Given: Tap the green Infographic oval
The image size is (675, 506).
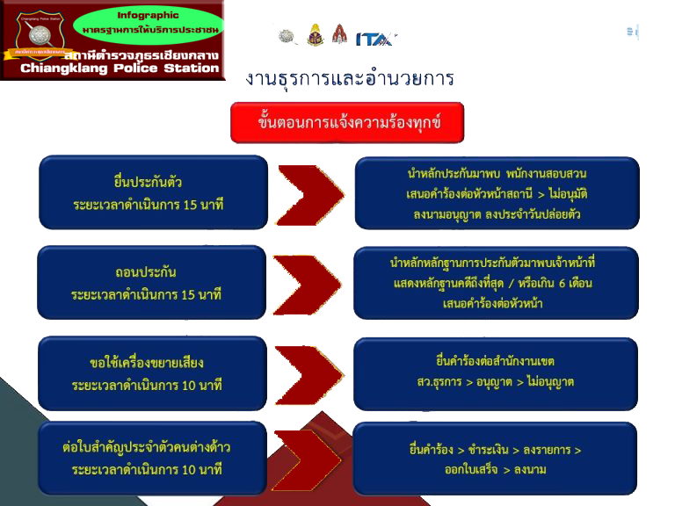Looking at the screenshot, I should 148,24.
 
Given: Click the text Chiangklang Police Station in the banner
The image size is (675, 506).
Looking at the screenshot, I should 120,69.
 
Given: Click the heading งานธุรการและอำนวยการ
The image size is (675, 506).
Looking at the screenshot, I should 350,79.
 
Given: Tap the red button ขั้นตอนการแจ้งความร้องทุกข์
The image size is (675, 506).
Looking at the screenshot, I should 347,122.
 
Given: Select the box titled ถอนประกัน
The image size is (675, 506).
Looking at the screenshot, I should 152,283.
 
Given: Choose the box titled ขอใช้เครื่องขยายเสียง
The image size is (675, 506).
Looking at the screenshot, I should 152,373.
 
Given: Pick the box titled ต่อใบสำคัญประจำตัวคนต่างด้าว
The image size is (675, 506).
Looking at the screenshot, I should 152,459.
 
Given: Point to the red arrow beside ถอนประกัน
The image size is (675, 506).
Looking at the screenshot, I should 308,284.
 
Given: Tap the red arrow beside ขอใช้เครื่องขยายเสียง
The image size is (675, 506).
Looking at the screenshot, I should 308,373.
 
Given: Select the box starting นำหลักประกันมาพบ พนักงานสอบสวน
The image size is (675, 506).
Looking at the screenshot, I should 497,193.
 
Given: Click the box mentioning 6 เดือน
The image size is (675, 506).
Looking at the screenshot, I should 495,283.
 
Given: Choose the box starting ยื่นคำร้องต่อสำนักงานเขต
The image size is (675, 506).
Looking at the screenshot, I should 495,372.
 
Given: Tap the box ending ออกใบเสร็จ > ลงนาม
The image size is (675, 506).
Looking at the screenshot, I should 495,459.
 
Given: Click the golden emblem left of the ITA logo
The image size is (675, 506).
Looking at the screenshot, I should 316,35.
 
